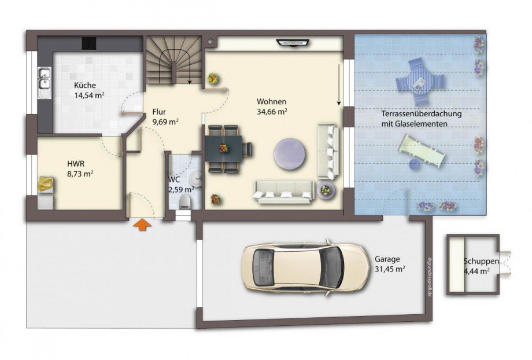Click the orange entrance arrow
[x=142, y=225]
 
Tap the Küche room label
[x=85, y=85]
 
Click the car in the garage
[x=305, y=267]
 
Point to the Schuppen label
[x=481, y=262]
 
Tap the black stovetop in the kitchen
[x=89, y=43]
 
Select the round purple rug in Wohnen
[x=291, y=153]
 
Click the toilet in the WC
[x=185, y=201]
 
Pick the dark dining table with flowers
[x=223, y=148]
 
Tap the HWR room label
[x=76, y=164]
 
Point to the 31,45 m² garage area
[x=390, y=269]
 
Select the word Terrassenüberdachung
[x=422, y=113]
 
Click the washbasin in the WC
[x=196, y=178]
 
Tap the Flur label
[x=159, y=112]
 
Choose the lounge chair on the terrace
[x=422, y=150]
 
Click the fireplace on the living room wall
[x=293, y=42]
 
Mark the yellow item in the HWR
[x=46, y=184]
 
